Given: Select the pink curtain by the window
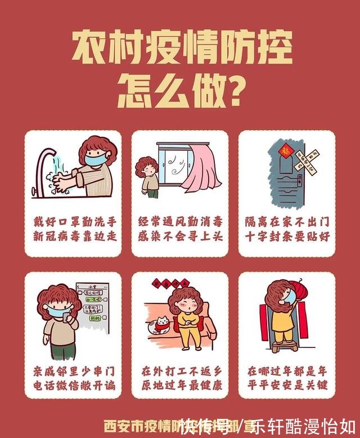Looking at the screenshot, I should pyautogui.click(x=203, y=169).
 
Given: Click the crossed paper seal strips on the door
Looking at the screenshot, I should pyautogui.click(x=308, y=160).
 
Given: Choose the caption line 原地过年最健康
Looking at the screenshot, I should pyautogui.click(x=180, y=386).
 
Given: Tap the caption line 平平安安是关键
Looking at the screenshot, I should pyautogui.click(x=287, y=386).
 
